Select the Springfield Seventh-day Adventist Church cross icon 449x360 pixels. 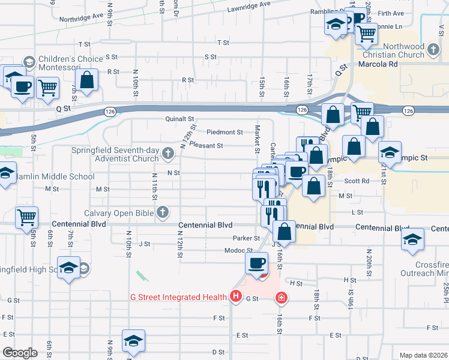pyautogui.click(x=167, y=155)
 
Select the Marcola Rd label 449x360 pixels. pyautogui.click(x=379, y=64)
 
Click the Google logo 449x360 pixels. pyautogui.click(x=20, y=353)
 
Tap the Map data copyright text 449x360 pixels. pyautogui.click(x=423, y=355)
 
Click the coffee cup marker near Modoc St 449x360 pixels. pyautogui.click(x=257, y=262)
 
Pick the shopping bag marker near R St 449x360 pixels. pyautogui.click(x=87, y=80)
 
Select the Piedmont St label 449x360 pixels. pyautogui.click(x=224, y=132)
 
